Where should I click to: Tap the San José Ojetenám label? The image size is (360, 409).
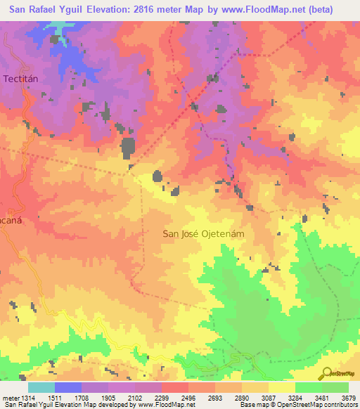202,234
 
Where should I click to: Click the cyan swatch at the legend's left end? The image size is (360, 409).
41,387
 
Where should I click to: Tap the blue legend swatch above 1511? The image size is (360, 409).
67,387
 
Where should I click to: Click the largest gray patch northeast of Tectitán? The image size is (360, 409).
129,148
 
